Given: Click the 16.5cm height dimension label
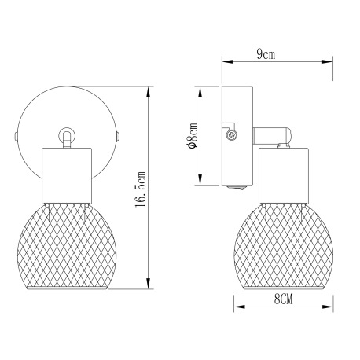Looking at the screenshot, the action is pyautogui.click(x=141, y=189).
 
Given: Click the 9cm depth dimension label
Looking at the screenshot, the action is pyautogui.click(x=266, y=54).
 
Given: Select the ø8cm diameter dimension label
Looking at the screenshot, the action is pyautogui.click(x=193, y=135).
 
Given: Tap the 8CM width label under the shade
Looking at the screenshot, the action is pyautogui.click(x=284, y=299).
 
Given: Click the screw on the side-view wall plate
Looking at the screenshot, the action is pyautogui.click(x=232, y=135).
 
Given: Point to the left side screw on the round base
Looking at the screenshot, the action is pyautogui.click(x=16, y=137).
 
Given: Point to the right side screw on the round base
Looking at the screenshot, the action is pyautogui.click(x=118, y=137).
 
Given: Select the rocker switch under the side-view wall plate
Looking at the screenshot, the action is pyautogui.click(x=237, y=187).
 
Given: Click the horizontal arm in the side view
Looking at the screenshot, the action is pyautogui.click(x=271, y=135).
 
